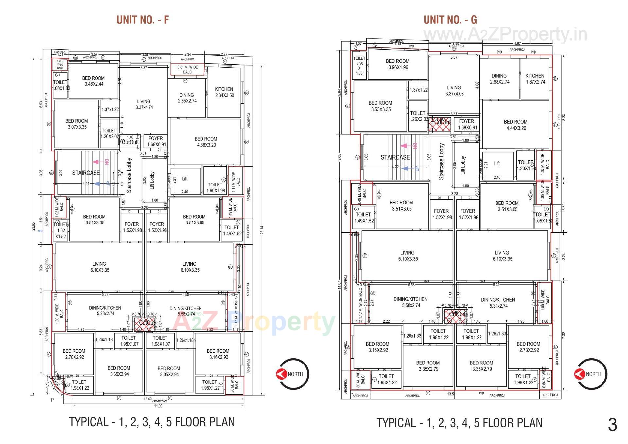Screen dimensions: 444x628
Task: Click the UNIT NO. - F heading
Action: [x=143, y=20]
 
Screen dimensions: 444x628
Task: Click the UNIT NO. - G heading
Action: [x=450, y=20]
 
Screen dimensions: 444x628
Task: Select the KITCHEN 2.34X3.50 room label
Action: [x=224, y=92]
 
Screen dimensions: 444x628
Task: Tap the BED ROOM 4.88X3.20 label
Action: [x=205, y=142]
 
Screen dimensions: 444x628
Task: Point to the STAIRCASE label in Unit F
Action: [x=86, y=173]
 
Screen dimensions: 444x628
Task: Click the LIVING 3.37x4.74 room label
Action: [x=144, y=104]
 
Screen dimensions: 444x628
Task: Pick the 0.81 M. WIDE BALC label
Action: [x=187, y=69]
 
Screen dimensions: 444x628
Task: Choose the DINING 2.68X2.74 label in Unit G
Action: [x=499, y=79]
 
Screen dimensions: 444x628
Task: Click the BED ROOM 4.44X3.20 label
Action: [x=515, y=125]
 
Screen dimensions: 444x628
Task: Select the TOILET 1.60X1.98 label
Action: [x=215, y=187]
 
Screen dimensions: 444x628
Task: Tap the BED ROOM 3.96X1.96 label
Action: [x=397, y=64]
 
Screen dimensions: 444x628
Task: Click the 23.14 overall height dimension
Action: [x=262, y=230]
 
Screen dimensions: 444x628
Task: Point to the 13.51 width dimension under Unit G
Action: [x=451, y=394]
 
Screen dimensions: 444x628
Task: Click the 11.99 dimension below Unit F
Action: [x=158, y=406]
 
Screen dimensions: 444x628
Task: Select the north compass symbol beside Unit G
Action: [x=590, y=374]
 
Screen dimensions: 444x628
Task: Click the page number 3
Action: [x=612, y=425]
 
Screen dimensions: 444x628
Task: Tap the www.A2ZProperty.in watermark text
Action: [x=505, y=35]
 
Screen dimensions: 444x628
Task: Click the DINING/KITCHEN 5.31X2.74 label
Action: [x=498, y=303]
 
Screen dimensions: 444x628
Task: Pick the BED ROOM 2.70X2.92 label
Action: [x=74, y=354]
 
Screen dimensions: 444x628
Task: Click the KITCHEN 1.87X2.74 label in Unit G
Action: [x=535, y=79]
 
